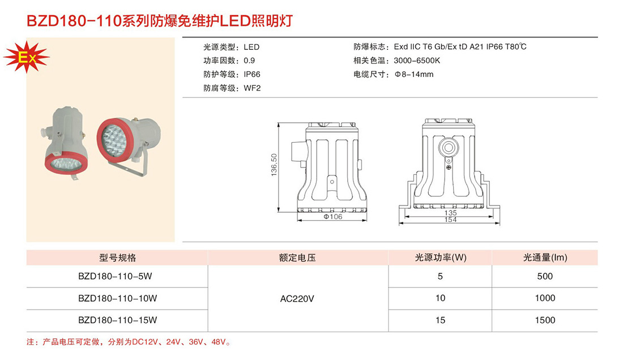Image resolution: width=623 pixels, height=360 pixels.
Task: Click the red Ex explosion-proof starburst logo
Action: point(27,57)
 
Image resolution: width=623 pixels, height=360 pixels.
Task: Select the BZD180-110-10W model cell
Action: point(117,298)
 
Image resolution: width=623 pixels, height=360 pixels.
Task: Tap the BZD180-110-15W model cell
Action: point(117,320)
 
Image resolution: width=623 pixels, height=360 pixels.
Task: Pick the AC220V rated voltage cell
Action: point(297,298)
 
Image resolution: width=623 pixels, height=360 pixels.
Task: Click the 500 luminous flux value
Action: point(544,277)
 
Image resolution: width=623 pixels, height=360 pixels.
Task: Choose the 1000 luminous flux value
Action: point(544,298)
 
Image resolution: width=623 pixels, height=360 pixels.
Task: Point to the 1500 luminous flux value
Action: point(544,320)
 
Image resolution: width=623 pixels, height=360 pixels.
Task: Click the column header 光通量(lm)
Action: point(545,258)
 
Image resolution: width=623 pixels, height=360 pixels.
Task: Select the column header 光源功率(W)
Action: point(441,258)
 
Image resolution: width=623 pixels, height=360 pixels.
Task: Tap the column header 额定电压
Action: point(297,258)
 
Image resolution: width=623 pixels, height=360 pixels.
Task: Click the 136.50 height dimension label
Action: point(274,165)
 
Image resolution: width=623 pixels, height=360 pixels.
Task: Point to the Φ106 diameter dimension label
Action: point(333,217)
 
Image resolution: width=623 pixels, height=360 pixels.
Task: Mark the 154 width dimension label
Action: point(450,220)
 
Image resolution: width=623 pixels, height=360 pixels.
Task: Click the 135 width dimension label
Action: point(450,213)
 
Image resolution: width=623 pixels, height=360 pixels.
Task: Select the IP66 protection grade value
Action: point(252,75)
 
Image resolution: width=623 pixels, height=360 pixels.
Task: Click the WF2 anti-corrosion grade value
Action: point(252,88)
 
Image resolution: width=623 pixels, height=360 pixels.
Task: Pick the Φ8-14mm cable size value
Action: point(414,75)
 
